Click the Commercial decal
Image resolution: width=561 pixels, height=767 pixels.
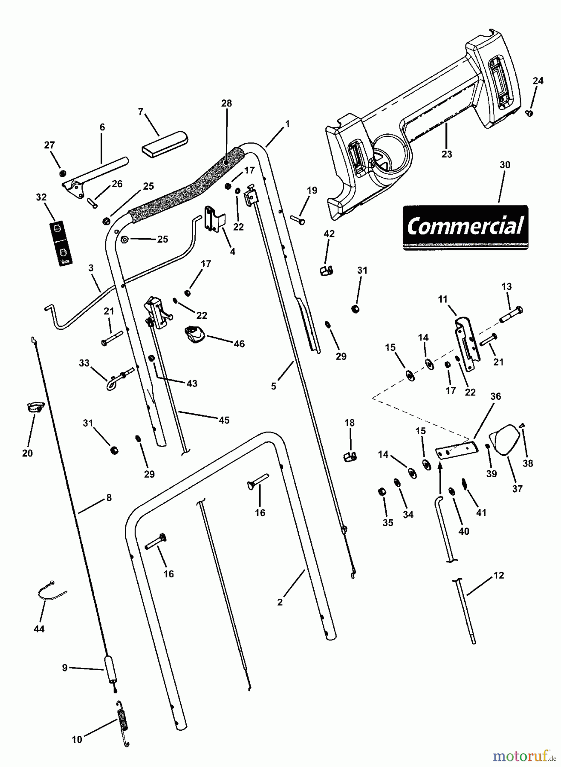pos(465,227)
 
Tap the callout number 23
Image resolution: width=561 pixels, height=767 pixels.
pos(446,154)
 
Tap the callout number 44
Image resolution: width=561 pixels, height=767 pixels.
pos(39,629)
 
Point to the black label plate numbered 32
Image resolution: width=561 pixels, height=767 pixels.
pos(61,243)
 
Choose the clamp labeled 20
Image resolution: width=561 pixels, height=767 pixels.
pos(33,407)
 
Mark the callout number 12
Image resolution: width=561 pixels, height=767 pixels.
pos(498,575)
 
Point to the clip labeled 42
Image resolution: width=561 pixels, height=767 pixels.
pos(327,270)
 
